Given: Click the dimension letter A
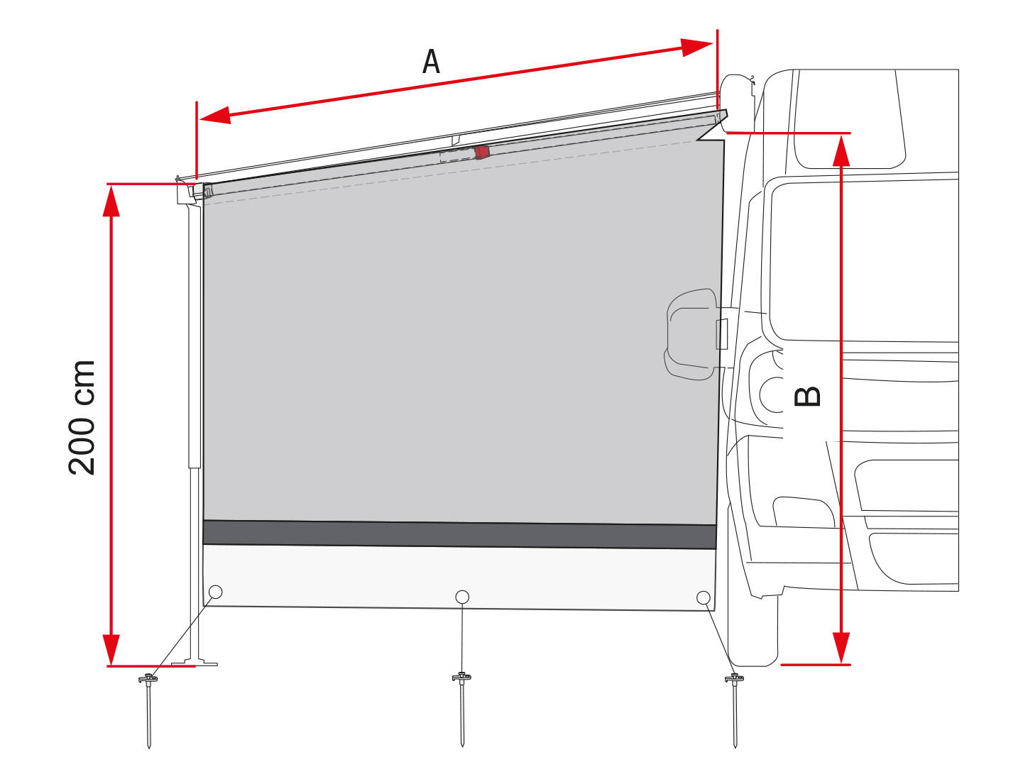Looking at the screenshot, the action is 431,62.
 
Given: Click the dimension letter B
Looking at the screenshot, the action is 807,397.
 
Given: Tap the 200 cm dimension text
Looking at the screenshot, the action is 82,417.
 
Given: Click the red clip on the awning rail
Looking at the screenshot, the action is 482,152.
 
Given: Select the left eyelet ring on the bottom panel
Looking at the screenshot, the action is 215,592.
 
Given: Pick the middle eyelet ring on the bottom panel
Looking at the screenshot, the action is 462,597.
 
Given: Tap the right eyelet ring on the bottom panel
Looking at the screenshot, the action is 704,597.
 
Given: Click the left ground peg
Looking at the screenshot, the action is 148,711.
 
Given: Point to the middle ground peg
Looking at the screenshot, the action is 462,709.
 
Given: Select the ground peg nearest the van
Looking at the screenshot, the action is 735,711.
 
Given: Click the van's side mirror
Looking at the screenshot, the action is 691,334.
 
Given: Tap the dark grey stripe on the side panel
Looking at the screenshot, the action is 459,534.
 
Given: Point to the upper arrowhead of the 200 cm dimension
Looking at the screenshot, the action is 111,201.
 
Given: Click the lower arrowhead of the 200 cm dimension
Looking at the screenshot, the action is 111,649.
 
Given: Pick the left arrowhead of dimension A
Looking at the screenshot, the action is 215,116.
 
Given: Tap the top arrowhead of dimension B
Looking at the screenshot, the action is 841,151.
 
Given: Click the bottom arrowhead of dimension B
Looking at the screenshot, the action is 841,648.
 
